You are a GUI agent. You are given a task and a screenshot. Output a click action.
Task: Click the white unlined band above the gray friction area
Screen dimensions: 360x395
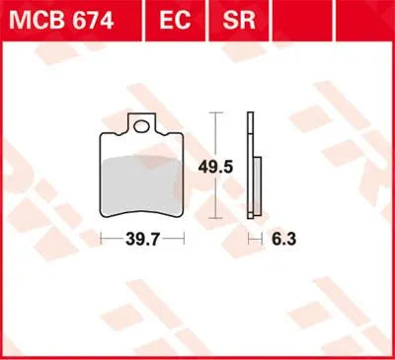tap(143, 145)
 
